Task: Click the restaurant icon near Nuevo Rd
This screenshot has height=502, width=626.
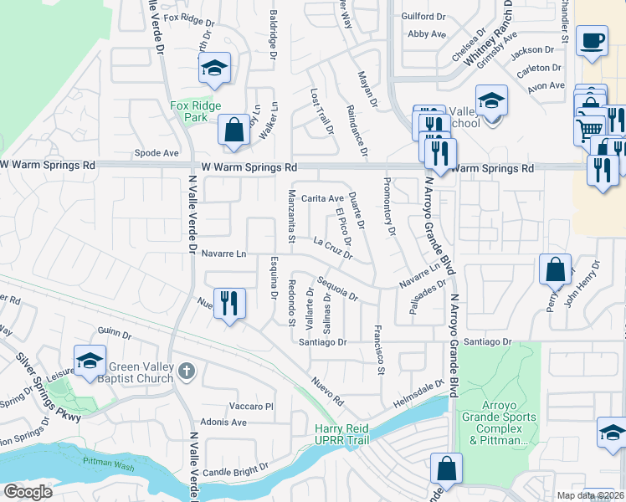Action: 229,303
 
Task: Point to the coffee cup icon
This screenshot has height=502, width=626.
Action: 593,41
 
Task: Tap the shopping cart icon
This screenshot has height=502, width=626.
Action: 590,128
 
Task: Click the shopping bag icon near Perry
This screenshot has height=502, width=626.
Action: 555,269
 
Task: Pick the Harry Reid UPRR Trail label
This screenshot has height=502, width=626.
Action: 341,434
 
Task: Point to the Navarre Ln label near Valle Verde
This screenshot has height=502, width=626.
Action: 225,254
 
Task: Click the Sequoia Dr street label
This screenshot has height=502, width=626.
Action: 337,290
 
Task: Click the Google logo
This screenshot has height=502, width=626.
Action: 28,491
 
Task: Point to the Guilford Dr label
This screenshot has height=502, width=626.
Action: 423,16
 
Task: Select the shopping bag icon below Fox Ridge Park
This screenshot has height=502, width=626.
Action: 233,130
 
